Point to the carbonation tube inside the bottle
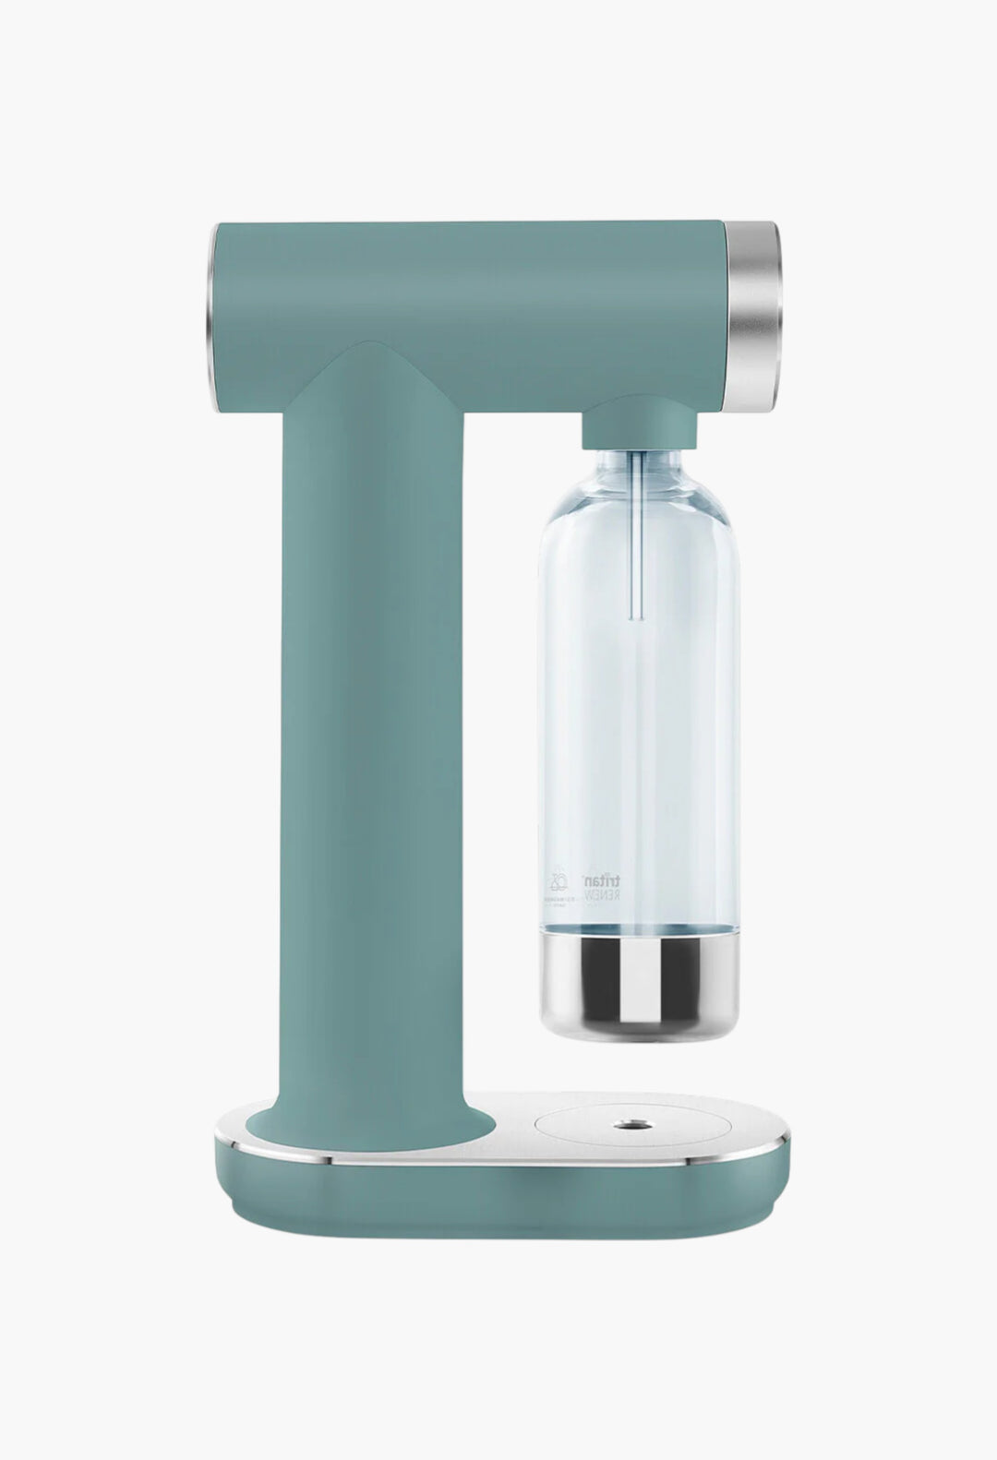[x=634, y=535]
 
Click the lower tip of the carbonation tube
[x=634, y=616]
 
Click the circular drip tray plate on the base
[x=600, y=1128]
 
